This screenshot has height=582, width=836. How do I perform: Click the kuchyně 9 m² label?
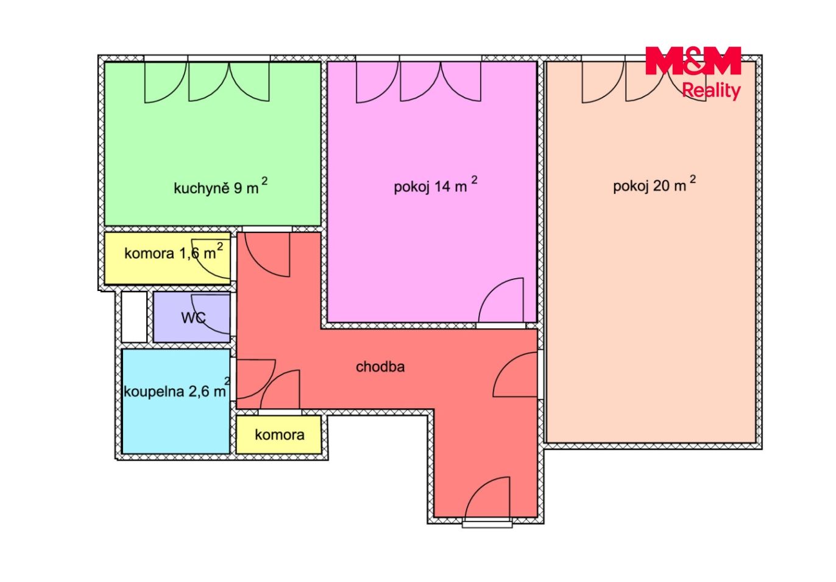coord(221,186)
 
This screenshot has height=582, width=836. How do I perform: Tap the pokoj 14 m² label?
coord(436,184)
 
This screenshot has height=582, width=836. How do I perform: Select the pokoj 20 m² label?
coord(654,184)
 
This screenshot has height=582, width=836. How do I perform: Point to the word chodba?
coord(380,367)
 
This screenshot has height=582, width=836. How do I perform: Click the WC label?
coord(193,318)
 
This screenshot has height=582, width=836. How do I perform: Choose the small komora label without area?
coord(280,435)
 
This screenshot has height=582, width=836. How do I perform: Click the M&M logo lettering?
coord(693,60)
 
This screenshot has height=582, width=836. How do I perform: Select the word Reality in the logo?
coord(711,91)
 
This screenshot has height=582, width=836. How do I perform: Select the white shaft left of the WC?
coord(134,317)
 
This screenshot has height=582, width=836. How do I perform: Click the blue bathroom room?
coord(176,401)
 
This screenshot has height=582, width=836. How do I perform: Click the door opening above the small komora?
coord(280,412)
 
